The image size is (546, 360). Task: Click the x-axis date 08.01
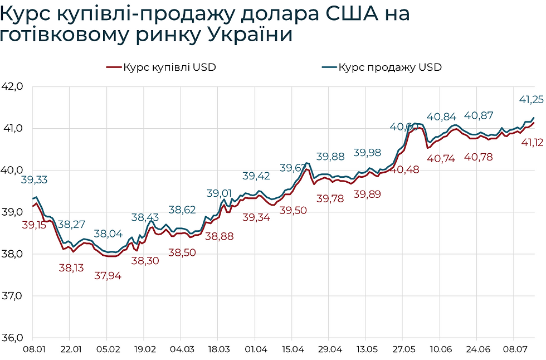[32, 350]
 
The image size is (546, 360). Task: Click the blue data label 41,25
[531, 99]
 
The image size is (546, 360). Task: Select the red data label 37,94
[108, 275]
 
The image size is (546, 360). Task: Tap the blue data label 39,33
[35, 179]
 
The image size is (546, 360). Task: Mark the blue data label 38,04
[108, 234]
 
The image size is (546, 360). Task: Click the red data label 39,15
[35, 225]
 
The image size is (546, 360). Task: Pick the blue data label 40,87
[479, 116]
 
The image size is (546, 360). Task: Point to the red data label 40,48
[405, 169]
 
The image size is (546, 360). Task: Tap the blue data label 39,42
[256, 176]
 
